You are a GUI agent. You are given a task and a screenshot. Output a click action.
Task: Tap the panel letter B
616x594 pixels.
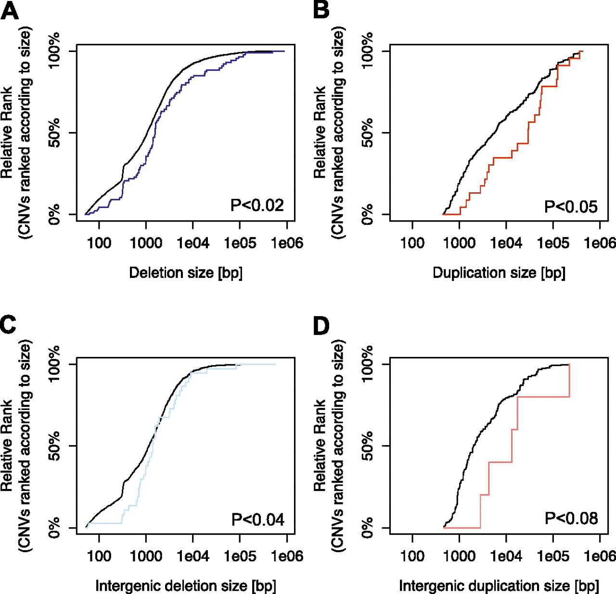(321, 10)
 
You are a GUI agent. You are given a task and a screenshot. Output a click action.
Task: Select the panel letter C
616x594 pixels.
(9, 324)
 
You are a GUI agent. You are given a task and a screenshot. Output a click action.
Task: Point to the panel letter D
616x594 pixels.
(321, 326)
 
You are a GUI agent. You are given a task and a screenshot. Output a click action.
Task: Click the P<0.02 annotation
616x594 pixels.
(257, 205)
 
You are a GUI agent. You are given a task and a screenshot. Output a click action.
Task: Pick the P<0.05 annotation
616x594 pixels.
(570, 207)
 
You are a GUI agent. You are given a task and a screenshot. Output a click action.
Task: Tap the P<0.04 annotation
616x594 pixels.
(257, 520)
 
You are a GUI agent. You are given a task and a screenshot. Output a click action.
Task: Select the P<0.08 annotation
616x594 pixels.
(571, 518)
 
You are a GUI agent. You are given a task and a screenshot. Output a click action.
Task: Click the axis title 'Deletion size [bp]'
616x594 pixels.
(186, 273)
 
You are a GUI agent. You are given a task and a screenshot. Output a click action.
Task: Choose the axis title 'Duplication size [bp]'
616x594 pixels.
(499, 273)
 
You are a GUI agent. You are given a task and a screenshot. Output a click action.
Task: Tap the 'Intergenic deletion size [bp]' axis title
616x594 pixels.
(186, 586)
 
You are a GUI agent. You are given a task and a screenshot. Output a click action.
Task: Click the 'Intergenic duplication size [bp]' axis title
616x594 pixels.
(499, 586)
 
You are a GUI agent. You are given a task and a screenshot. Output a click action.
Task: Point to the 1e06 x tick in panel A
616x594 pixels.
(287, 243)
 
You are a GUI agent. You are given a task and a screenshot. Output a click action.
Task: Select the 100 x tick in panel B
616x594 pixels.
(412, 243)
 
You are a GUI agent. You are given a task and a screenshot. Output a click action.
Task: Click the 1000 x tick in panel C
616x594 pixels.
(146, 556)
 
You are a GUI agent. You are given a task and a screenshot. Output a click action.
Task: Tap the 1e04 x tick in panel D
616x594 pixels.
(506, 556)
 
